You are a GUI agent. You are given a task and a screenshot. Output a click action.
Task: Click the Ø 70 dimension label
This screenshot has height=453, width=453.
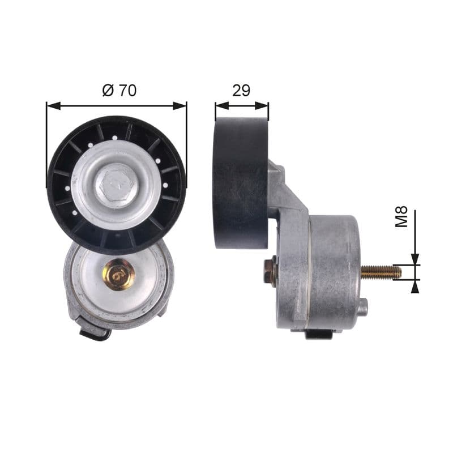(119, 90)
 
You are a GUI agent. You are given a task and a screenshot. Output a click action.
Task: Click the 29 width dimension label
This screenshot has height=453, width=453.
(241, 90)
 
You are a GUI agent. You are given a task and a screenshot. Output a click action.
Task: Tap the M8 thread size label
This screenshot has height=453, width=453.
(401, 217)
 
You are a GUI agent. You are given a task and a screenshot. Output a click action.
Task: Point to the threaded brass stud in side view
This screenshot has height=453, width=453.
(381, 272)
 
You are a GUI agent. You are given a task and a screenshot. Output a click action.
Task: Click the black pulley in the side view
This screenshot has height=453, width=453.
(241, 183)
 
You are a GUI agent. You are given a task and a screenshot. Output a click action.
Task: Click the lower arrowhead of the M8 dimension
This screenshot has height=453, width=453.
(416, 286)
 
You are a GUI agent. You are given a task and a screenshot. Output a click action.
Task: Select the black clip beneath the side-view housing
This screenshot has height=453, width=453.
(319, 334)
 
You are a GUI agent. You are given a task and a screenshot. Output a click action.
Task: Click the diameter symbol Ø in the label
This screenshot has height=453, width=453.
(107, 90)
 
